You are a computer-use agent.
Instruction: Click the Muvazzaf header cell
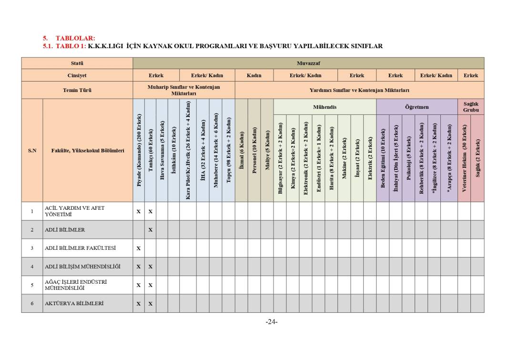point(308,63)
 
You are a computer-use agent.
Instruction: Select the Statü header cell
point(77,63)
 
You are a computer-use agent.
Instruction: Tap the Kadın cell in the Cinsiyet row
point(254,75)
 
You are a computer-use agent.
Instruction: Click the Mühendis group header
point(325,107)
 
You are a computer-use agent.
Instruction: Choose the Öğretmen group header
point(417,107)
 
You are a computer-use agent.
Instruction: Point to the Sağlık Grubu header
point(470,107)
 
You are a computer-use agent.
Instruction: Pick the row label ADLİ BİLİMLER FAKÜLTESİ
point(80,248)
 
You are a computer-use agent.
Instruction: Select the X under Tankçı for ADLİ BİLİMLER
point(150,230)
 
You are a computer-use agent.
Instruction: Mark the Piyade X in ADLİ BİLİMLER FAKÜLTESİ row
point(139,248)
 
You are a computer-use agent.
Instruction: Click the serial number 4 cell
point(32,267)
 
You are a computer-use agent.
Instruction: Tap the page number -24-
point(271,322)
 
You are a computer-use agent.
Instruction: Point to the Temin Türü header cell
point(77,90)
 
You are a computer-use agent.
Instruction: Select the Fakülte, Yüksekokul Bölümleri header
point(88,150)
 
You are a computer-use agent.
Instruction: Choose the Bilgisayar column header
point(280,158)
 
